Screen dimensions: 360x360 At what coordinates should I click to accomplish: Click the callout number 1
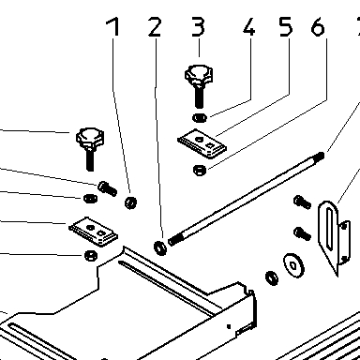[x=113, y=26]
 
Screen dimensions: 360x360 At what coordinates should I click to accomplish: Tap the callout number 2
[x=155, y=26]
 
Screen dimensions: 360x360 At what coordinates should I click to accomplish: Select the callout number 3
[x=198, y=26]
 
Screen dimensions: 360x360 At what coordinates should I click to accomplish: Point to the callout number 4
[x=249, y=26]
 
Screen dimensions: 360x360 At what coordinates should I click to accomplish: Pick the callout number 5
[x=286, y=26]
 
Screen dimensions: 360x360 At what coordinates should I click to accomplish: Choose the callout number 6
[x=318, y=26]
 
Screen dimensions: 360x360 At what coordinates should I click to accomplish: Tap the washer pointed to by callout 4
[x=200, y=118]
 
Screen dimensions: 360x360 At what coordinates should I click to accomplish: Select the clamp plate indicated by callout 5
[x=202, y=142]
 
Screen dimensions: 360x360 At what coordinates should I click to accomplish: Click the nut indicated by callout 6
[x=200, y=170]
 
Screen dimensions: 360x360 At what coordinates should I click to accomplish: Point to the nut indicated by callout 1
[x=130, y=202]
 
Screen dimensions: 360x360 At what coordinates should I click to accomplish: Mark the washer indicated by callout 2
[x=160, y=247]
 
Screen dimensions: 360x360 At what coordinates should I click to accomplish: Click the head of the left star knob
[x=90, y=138]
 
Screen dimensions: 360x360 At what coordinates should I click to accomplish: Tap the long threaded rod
[x=247, y=198]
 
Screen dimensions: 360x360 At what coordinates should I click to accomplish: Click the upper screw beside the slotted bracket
[x=302, y=202]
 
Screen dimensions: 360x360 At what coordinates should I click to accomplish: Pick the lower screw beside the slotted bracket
[x=302, y=233]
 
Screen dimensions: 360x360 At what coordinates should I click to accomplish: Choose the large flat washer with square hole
[x=293, y=265]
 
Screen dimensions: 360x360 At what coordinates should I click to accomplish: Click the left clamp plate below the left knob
[x=93, y=232]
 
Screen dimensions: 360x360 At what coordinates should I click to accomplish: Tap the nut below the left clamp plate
[x=91, y=256]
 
